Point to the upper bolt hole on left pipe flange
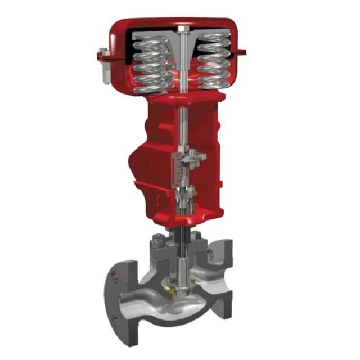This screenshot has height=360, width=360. click(115, 276)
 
